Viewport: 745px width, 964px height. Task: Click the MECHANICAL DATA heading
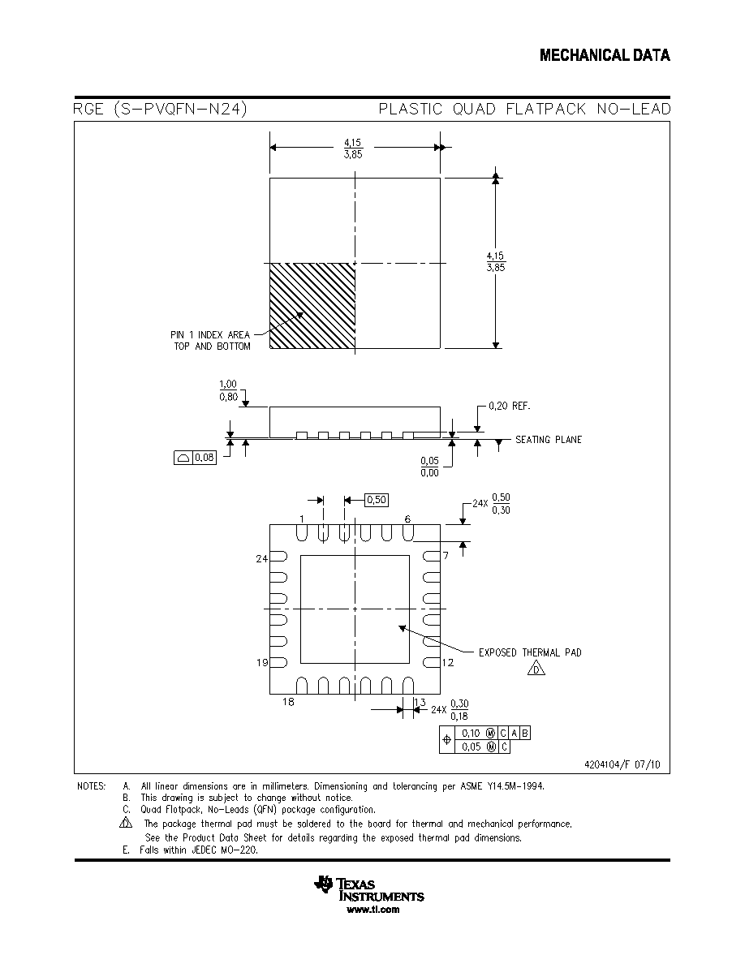click(x=605, y=55)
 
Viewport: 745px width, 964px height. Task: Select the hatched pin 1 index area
click(x=312, y=306)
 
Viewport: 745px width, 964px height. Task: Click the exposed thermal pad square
click(x=355, y=609)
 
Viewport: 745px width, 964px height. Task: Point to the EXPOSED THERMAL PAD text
click(x=530, y=652)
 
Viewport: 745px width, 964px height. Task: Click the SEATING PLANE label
click(x=549, y=440)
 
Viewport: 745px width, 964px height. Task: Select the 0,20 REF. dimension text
click(x=509, y=406)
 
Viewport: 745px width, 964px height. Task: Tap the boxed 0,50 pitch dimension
click(x=377, y=500)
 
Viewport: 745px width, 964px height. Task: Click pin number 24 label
click(x=262, y=558)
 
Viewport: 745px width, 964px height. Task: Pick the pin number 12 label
click(x=447, y=662)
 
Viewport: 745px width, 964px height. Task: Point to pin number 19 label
click(x=262, y=662)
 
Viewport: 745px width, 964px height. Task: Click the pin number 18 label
click(x=288, y=701)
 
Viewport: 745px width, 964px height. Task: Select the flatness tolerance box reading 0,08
click(x=195, y=458)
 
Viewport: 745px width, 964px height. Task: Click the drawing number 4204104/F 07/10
click(x=622, y=764)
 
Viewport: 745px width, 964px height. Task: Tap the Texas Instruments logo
click(x=368, y=889)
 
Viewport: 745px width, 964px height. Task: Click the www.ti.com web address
click(x=372, y=910)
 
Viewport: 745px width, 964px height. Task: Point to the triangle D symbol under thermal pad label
click(x=536, y=669)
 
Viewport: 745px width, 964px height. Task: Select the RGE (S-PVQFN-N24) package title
click(x=160, y=109)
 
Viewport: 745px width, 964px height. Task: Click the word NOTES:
click(x=91, y=785)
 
